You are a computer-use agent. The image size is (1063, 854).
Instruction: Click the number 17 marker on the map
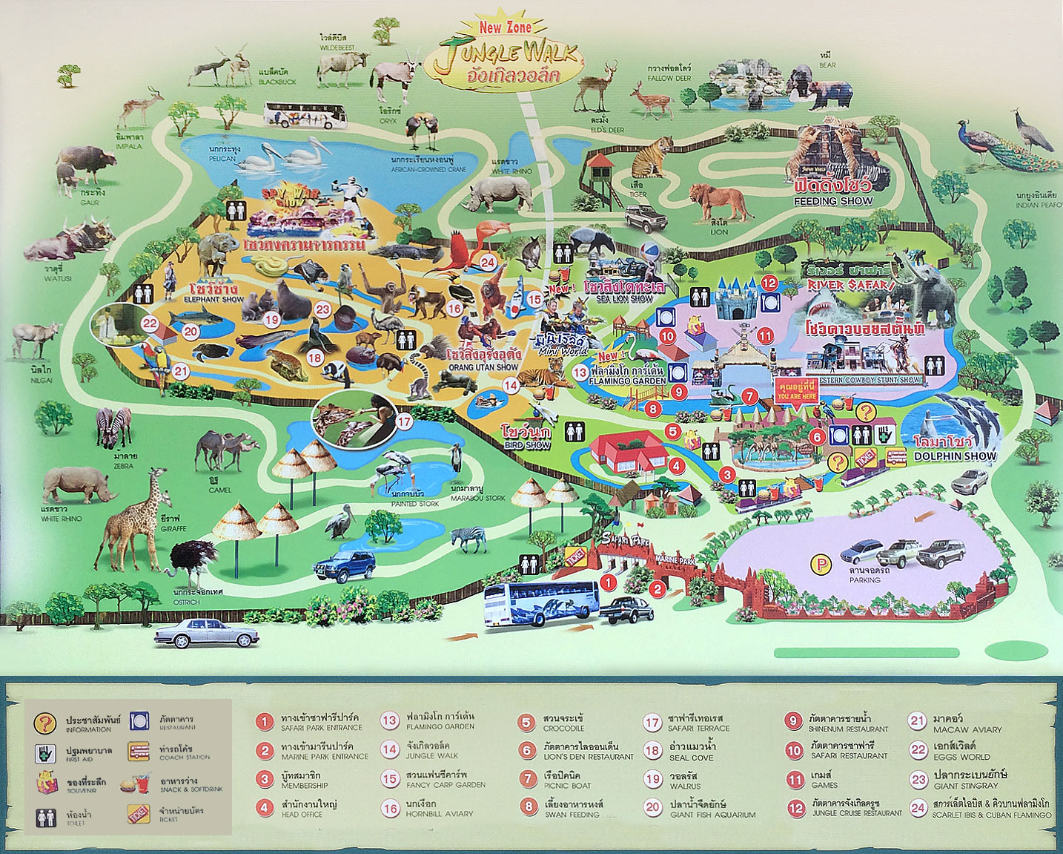pyautogui.click(x=403, y=421)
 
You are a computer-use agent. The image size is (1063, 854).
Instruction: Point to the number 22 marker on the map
pyautogui.click(x=150, y=323)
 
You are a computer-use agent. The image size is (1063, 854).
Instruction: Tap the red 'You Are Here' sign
pyautogui.click(x=797, y=391)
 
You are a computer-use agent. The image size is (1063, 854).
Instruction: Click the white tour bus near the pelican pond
pyautogui.click(x=305, y=115)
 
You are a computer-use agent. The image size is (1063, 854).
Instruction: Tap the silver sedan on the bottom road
pyautogui.click(x=207, y=633)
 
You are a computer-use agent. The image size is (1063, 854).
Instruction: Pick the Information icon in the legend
pyautogui.click(x=45, y=723)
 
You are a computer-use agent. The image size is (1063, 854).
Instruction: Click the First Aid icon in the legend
pyautogui.click(x=45, y=754)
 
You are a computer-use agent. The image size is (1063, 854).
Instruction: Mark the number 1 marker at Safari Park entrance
pyautogui.click(x=608, y=582)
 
